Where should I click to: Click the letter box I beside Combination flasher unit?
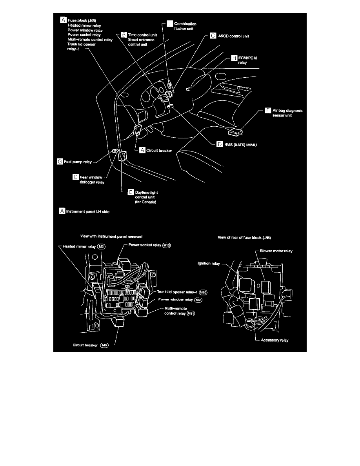tap(170, 24)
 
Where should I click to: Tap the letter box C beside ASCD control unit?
tap(213, 35)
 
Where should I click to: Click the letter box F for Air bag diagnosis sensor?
tap(268, 111)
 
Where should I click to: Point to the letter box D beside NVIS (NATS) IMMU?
tap(220, 144)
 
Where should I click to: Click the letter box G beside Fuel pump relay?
tap(60, 161)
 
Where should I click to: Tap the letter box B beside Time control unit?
tap(124, 35)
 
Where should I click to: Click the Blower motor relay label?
tap(276, 251)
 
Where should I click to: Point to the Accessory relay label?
tap(275, 340)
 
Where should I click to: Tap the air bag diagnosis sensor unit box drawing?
tap(237, 132)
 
